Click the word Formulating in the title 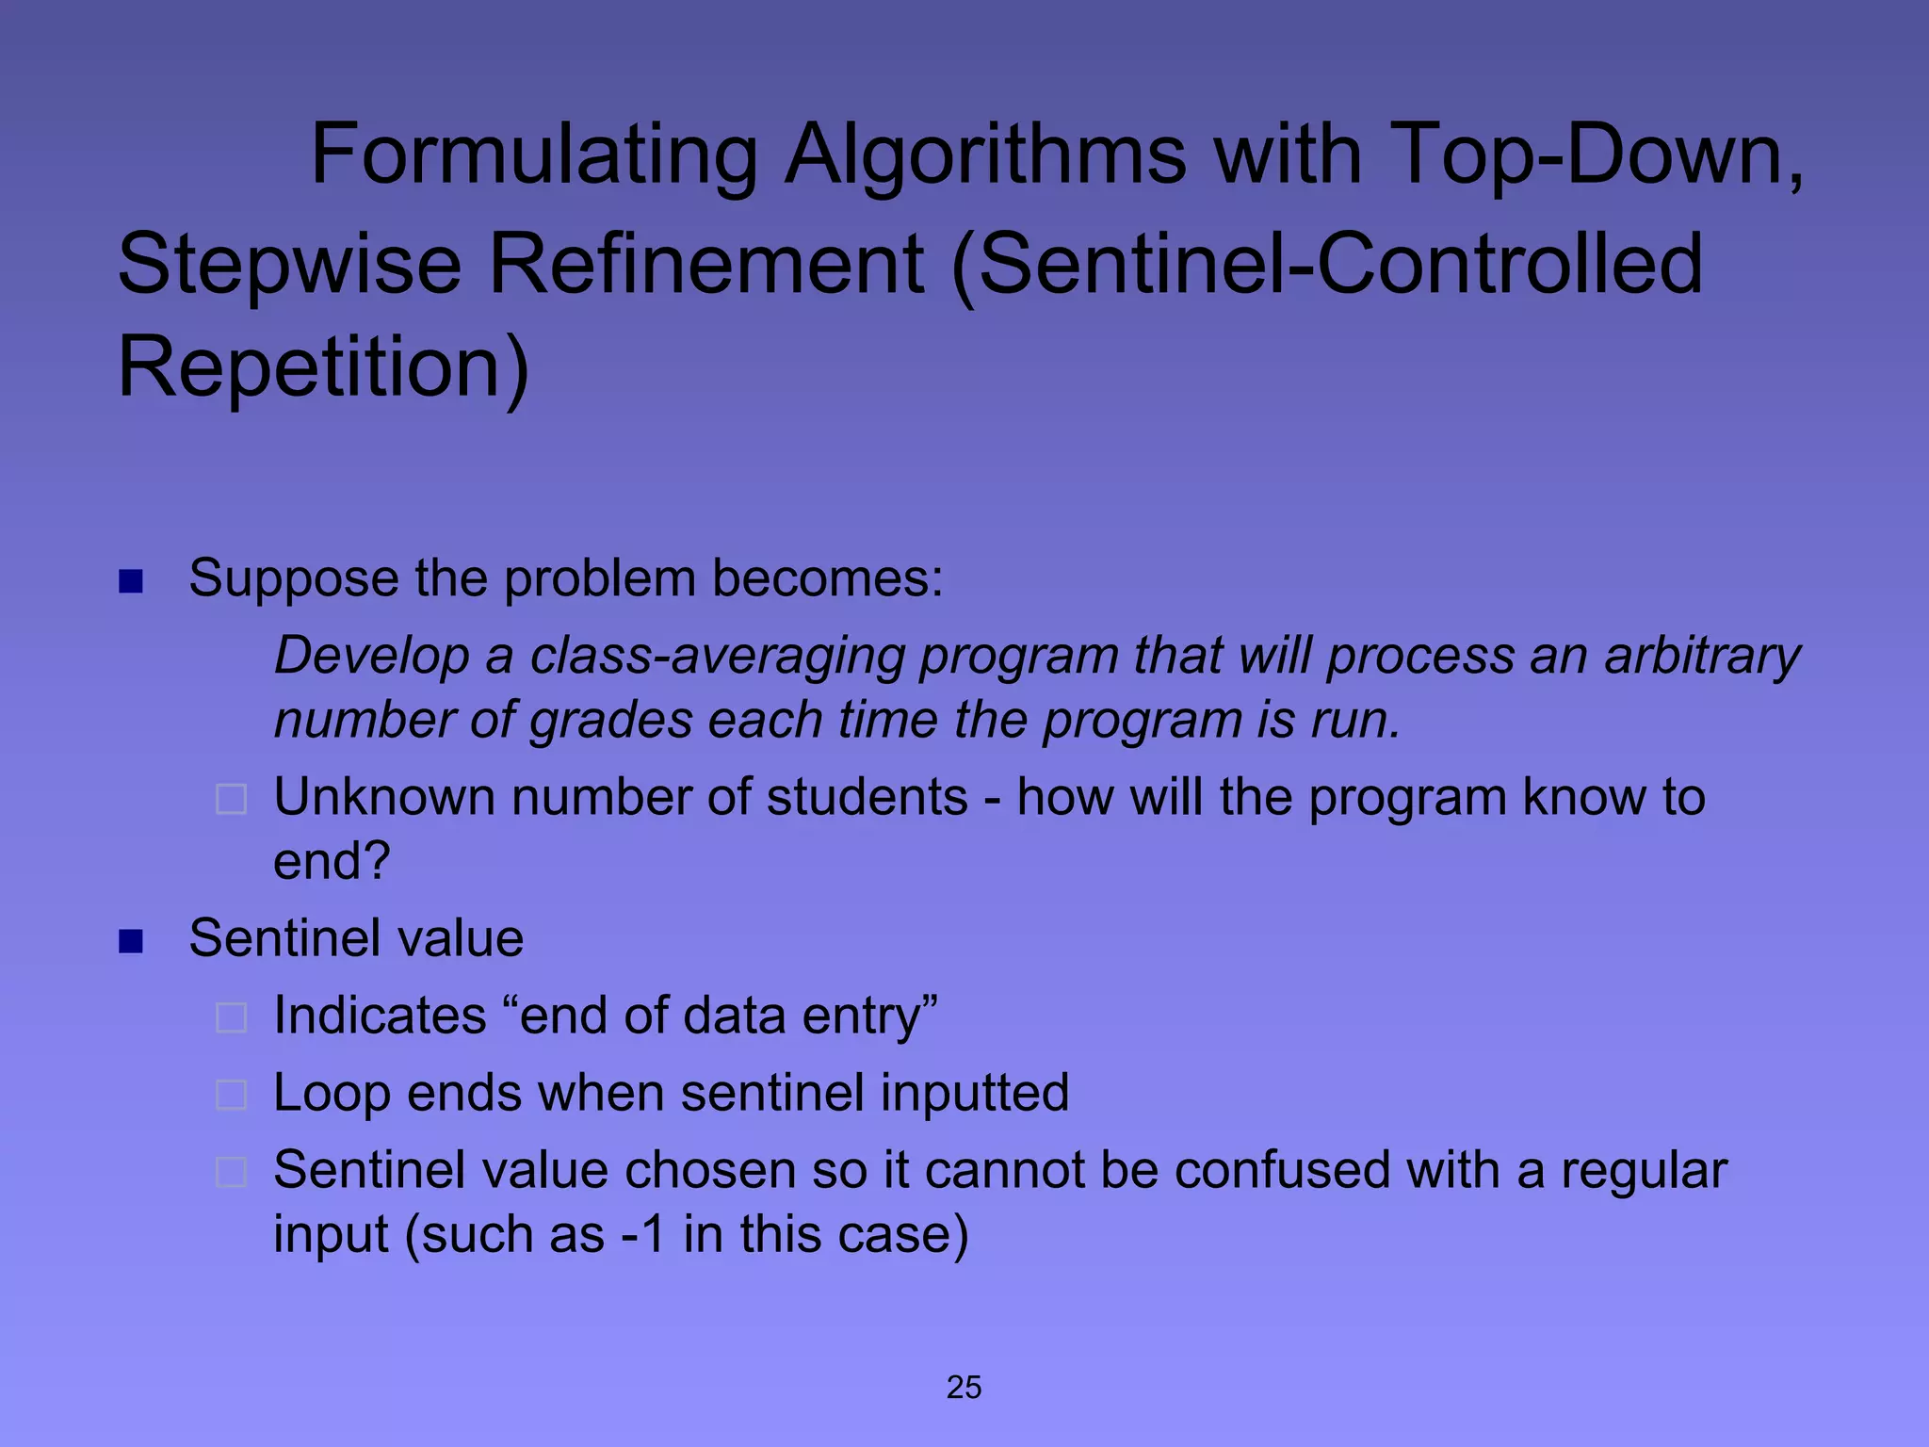tap(533, 155)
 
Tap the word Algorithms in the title tap(985, 155)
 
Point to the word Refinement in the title tap(705, 265)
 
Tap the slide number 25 tap(964, 1388)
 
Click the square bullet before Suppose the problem tap(131, 581)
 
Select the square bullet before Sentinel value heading tap(131, 941)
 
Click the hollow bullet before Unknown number tap(232, 800)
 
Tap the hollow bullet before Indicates tap(232, 1018)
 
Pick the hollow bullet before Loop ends tap(232, 1096)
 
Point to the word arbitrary tap(1702, 657)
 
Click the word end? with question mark tap(332, 861)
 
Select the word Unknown tap(383, 798)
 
